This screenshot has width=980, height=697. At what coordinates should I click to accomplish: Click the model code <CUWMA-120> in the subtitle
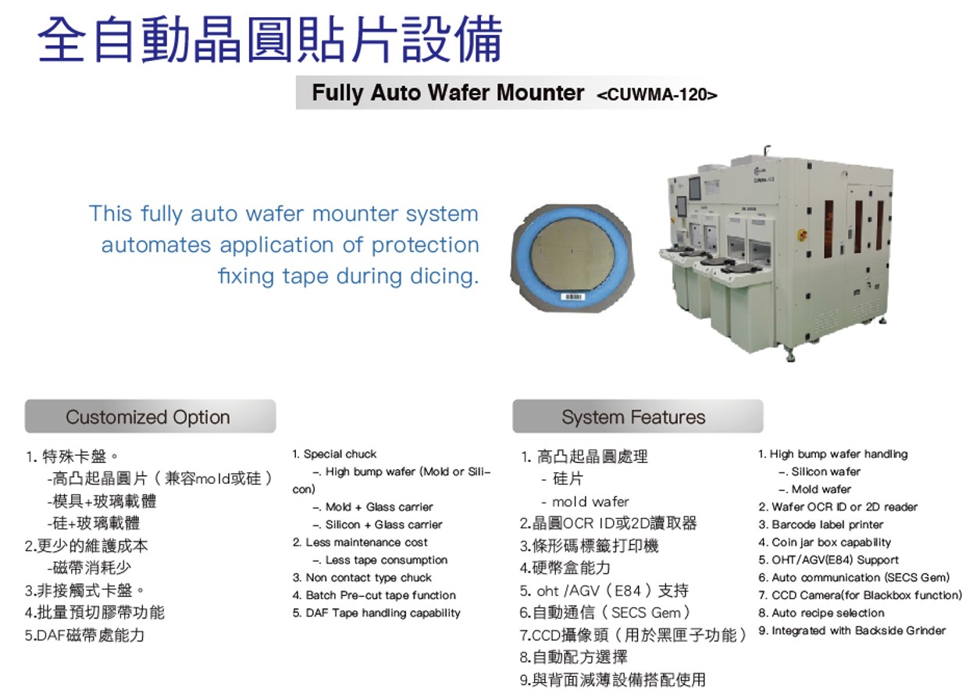[x=657, y=94]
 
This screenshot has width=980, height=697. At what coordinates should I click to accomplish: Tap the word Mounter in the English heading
[x=540, y=93]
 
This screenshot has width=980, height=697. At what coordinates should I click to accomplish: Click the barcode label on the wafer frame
[x=572, y=297]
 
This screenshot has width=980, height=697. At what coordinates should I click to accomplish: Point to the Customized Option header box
[x=150, y=416]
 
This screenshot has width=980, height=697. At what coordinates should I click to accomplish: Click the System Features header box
[x=638, y=416]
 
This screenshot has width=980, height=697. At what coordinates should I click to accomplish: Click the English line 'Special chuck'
[x=334, y=454]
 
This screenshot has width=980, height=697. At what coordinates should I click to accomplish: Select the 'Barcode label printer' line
[x=821, y=525]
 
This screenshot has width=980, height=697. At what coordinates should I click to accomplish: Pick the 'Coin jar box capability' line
[x=825, y=542]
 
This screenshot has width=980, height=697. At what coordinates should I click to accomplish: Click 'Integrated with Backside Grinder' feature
[x=852, y=631]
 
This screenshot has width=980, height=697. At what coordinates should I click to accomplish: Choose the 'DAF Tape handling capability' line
[x=376, y=613]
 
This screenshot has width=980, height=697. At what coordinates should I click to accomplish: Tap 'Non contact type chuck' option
[x=362, y=578]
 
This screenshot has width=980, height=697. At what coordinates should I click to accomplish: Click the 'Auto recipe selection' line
[x=821, y=613]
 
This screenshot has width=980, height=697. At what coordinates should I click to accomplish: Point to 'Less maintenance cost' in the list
[x=360, y=542]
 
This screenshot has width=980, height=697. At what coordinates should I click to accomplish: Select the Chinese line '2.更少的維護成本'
[x=87, y=546]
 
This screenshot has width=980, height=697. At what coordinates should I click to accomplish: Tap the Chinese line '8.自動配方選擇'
[x=574, y=656]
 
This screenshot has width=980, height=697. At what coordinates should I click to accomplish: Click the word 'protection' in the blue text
[x=426, y=245]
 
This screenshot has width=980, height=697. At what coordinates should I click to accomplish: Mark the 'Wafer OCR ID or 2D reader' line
[x=838, y=507]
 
